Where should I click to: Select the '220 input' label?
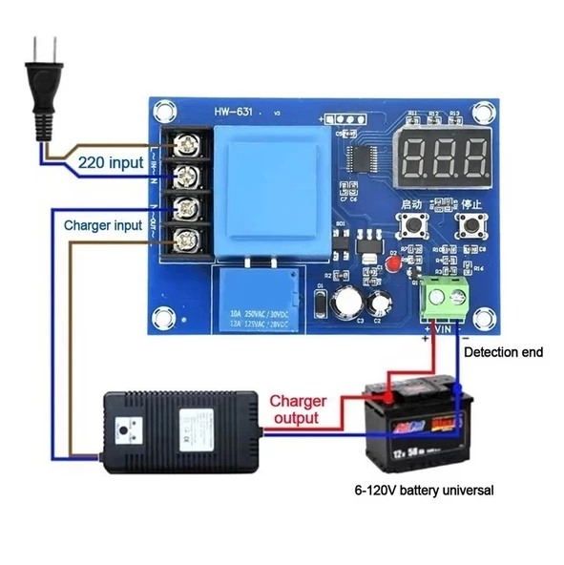point(111,162)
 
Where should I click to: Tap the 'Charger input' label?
point(102,225)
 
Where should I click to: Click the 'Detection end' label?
point(503,352)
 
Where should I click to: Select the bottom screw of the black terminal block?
point(189,236)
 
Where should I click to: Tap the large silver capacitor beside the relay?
point(351,303)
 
